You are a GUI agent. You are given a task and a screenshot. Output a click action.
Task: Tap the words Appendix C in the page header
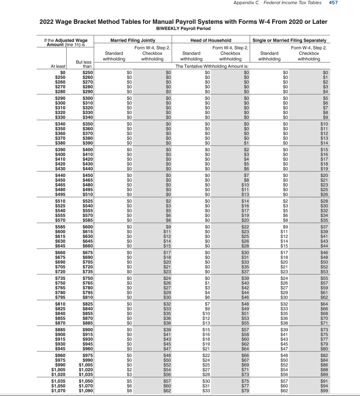(246, 3)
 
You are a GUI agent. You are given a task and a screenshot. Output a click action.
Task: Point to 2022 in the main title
(48, 22)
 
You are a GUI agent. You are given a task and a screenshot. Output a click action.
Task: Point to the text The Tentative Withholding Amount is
(211, 66)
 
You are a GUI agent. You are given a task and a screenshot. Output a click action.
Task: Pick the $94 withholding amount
(325, 386)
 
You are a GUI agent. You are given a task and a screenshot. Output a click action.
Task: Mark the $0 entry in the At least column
(63, 72)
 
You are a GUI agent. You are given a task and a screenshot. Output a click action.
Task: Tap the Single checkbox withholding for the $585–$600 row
(325, 226)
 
